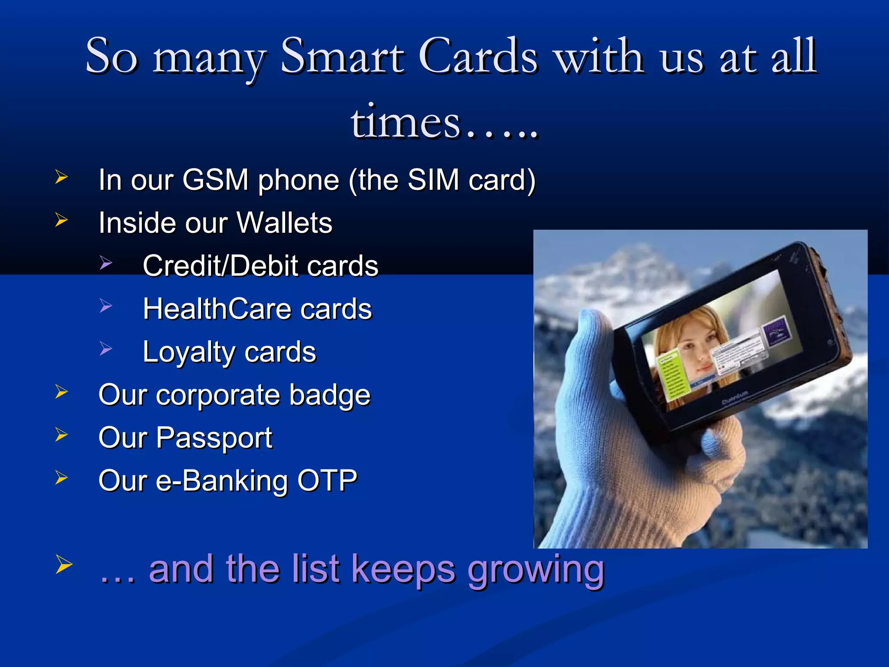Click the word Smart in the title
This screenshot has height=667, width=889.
click(x=343, y=56)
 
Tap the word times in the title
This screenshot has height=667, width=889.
click(x=406, y=123)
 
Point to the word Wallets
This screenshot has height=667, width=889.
click(x=284, y=223)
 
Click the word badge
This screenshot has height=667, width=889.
click(x=330, y=395)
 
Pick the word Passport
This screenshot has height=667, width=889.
click(x=214, y=438)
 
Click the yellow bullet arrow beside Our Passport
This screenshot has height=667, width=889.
click(x=62, y=435)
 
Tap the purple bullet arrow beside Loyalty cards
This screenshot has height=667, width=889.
click(x=105, y=348)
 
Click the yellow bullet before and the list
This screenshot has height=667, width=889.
click(x=63, y=565)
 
